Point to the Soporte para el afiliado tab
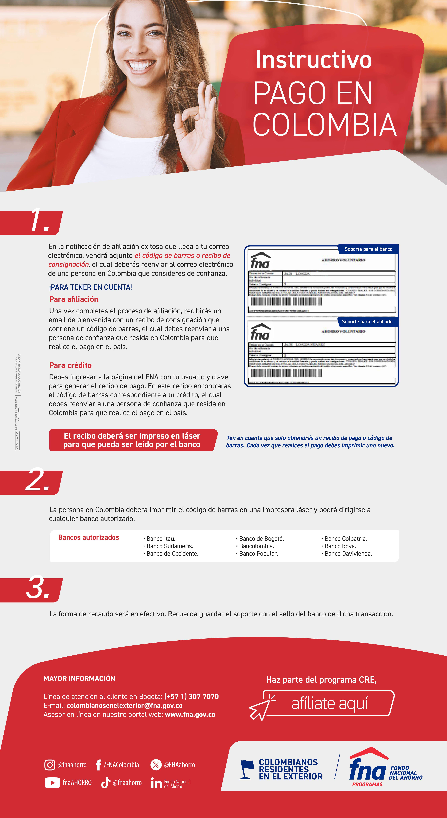[367, 322]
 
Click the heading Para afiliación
[74, 299]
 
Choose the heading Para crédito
[71, 365]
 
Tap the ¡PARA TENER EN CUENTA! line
[90, 287]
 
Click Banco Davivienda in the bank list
[348, 554]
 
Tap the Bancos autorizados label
[89, 537]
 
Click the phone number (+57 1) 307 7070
[191, 696]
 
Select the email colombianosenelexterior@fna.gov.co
[124, 705]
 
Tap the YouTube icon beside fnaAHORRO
[52, 782]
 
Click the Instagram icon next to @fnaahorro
[50, 765]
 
